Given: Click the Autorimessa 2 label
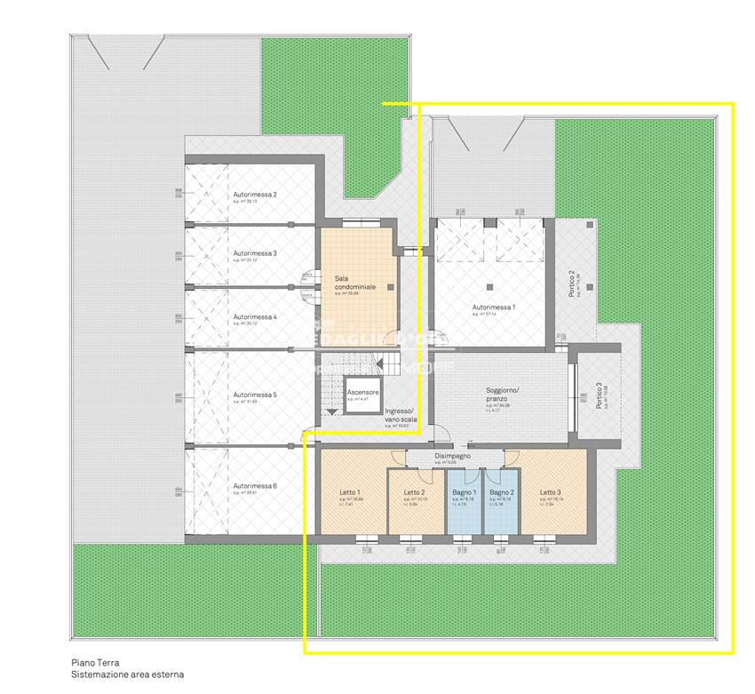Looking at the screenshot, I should point(255,195).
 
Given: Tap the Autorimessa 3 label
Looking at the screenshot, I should point(255,253).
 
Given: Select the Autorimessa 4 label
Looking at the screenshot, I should point(255,316).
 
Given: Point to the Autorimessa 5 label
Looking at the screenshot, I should point(255,395).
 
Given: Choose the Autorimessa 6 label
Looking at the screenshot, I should point(255,486).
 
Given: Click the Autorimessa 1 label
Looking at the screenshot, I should point(494,307).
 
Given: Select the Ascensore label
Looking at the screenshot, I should point(362,392).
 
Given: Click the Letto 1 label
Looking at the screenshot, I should point(350,492).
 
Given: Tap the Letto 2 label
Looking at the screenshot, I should point(415,492).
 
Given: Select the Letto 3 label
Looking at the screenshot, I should point(551,492).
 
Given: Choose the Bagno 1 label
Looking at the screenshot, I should point(465,492).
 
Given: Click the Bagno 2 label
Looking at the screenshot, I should point(502,492).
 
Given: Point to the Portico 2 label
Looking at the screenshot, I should point(572,283).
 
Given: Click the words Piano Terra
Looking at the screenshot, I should point(95,663).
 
